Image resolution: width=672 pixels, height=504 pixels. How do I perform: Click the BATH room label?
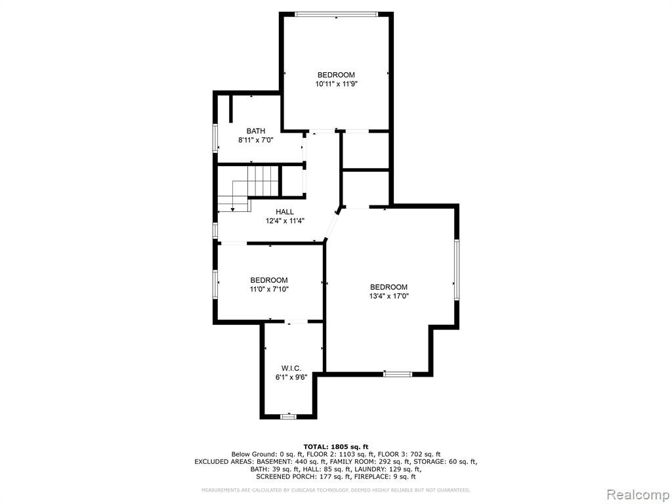coord(255,131)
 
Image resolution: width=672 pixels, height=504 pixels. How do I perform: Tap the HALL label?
coord(285,212)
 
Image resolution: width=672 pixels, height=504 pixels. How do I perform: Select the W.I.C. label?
coord(291,368)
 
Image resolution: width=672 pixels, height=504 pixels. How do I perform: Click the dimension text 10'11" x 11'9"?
coord(337,84)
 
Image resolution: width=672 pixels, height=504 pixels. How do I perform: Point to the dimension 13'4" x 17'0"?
coord(388,296)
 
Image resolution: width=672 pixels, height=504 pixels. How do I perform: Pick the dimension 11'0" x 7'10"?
coord(269,289)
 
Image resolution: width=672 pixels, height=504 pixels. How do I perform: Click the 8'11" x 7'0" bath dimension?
coord(255,140)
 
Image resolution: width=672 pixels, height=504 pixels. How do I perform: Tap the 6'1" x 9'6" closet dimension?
coord(291,377)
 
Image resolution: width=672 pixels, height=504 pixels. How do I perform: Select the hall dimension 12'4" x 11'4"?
coord(285,220)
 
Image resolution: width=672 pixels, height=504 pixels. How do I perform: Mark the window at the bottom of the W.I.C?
coord(288,416)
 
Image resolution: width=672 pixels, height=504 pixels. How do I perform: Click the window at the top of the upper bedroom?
coord(337,14)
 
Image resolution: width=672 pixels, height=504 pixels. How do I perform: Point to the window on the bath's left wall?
coord(215,138)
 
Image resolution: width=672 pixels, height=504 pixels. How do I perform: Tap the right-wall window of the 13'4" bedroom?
coord(457,270)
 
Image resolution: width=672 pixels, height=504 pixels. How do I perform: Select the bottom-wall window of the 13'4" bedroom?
coord(398,374)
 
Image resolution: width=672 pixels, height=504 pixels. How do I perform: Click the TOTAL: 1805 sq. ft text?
coord(335,446)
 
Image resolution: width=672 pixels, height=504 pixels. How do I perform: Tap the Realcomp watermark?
coord(638,495)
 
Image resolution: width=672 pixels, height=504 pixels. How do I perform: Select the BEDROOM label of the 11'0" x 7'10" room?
coord(269,280)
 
